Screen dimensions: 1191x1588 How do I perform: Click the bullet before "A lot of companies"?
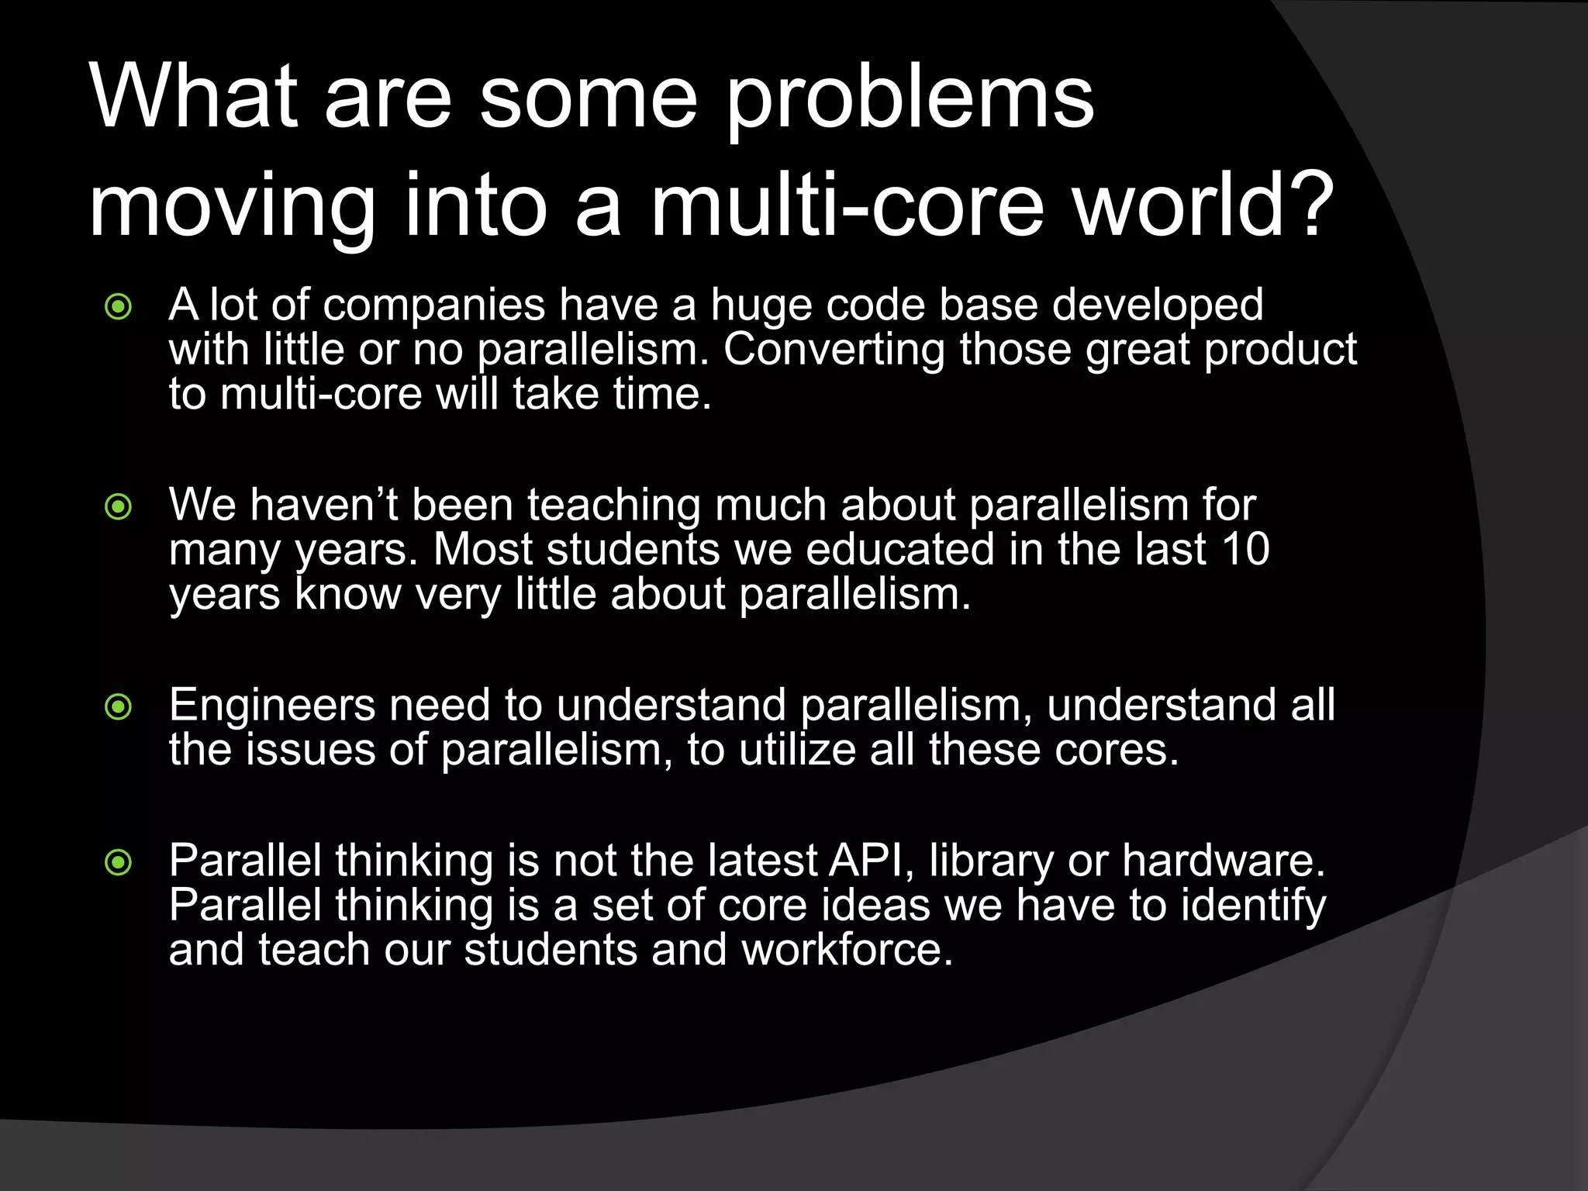point(119,307)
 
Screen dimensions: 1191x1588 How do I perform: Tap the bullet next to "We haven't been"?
point(119,507)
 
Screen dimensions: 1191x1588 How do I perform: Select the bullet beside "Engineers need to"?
point(119,706)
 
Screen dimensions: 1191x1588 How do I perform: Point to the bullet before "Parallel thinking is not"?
point(119,862)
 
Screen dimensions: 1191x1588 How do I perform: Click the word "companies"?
point(434,306)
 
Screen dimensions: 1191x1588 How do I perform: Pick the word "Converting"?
point(834,350)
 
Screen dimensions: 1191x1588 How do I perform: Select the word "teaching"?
point(614,506)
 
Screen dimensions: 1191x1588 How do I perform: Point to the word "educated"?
point(899,550)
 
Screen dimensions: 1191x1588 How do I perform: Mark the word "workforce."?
point(847,950)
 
